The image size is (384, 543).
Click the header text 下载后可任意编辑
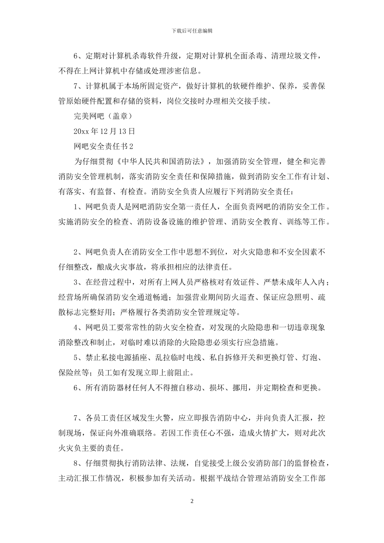pyautogui.click(x=192, y=31)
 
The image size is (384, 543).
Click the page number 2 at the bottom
pyautogui.click(x=192, y=501)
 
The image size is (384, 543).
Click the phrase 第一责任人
pyautogui.click(x=200, y=207)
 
